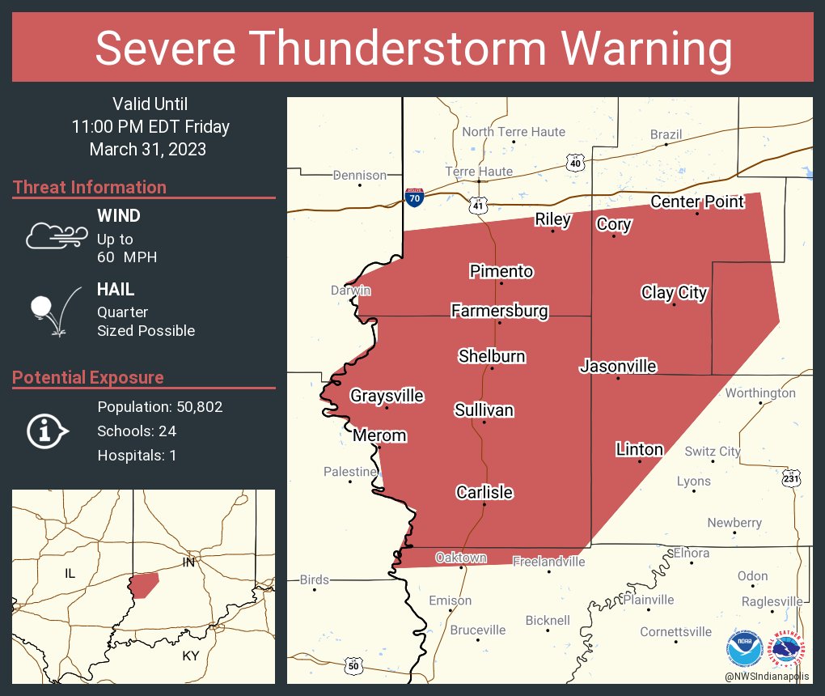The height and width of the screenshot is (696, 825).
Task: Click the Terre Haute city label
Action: coord(479,172)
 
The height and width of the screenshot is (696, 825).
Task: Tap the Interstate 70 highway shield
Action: coord(413,197)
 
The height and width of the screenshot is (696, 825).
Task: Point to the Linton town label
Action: coord(639,449)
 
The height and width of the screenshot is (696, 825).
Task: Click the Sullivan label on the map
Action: coord(484,410)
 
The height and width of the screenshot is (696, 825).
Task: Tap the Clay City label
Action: coord(674,293)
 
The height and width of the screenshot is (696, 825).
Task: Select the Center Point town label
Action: coord(696,202)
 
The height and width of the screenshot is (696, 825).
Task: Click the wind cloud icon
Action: coord(56,236)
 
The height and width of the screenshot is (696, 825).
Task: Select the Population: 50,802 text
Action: coord(159,407)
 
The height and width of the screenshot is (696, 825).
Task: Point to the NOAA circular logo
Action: coord(744,650)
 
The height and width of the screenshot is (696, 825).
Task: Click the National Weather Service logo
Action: coord(789,650)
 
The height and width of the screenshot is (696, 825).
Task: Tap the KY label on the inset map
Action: coord(190,656)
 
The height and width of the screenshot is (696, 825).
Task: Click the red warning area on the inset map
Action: coord(144,584)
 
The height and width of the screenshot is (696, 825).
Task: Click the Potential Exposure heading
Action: coord(88,377)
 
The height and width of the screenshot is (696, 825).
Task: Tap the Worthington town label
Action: coord(760,393)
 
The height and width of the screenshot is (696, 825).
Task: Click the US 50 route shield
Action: coord(353,665)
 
